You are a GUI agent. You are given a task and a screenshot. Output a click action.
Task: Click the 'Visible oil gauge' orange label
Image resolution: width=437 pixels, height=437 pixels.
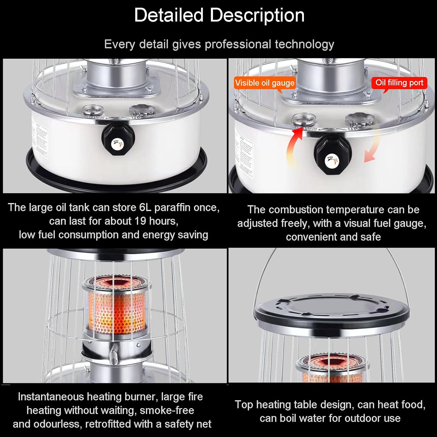(x=265, y=83)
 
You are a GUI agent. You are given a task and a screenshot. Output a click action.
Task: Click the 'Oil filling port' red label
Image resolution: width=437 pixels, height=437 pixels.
(x=399, y=83)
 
